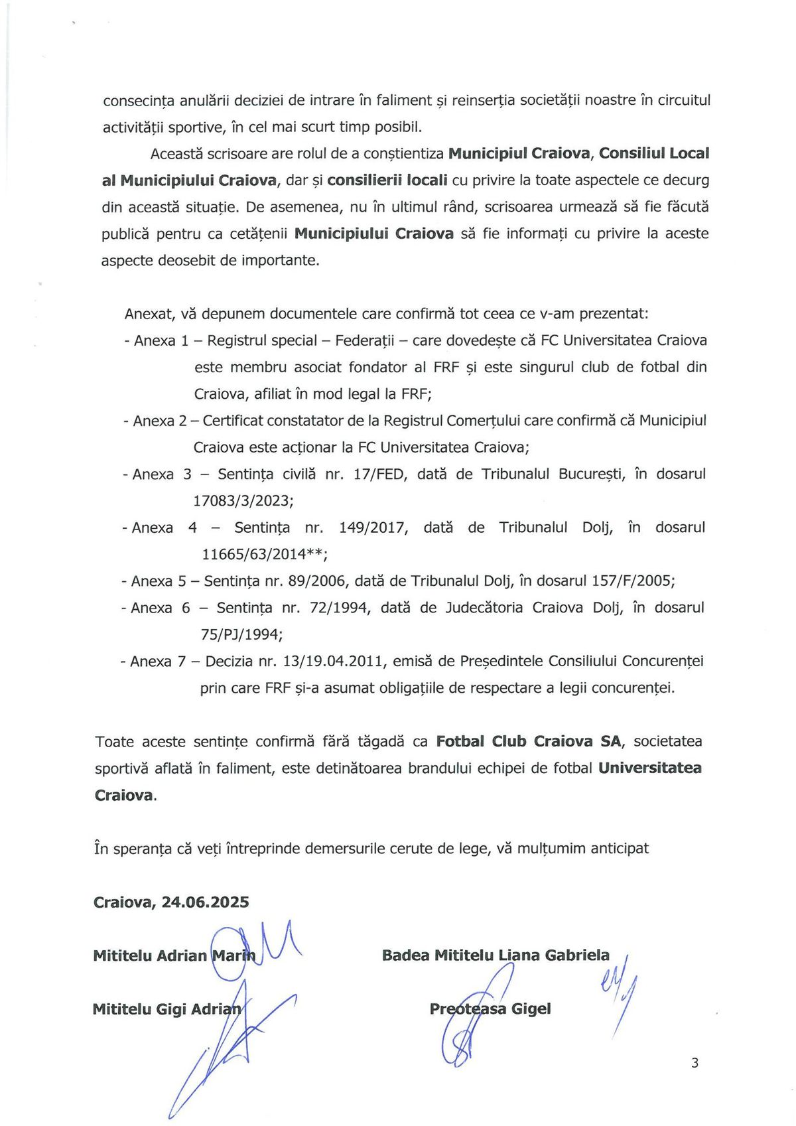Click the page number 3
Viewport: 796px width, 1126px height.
(695, 1063)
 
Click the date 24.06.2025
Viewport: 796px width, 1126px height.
(205, 902)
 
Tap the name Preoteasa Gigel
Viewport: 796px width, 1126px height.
(490, 1009)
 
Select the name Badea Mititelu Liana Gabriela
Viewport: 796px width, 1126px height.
(496, 955)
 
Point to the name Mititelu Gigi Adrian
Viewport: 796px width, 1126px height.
(167, 1009)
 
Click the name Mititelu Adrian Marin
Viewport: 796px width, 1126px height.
(174, 955)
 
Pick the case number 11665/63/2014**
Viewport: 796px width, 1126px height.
(265, 554)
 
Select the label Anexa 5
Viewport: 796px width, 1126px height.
(159, 581)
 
